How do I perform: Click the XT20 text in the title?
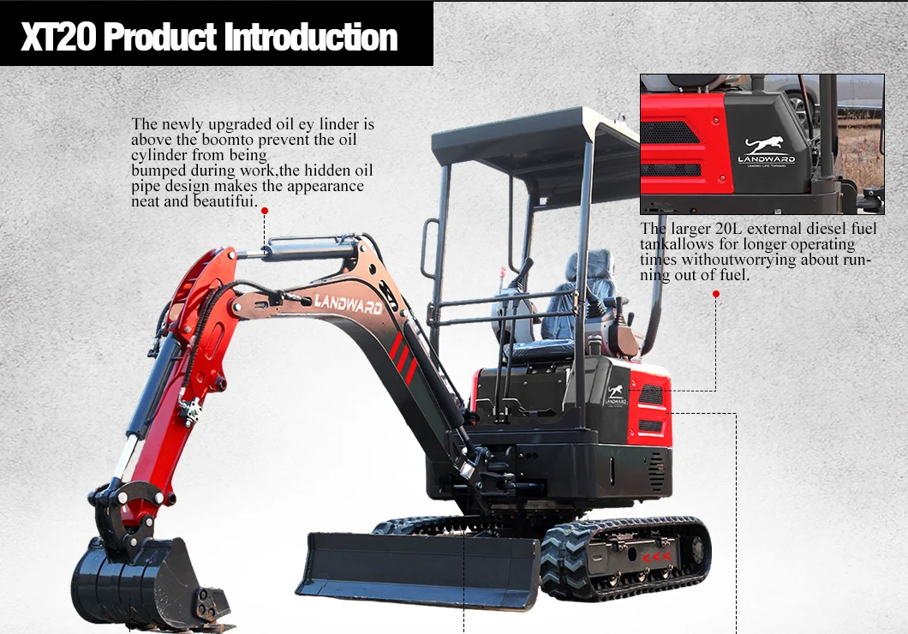click(58, 39)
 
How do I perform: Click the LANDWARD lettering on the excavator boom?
click(348, 302)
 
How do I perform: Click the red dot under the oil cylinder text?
click(265, 210)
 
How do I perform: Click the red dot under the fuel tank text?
click(716, 294)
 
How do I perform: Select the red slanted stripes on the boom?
click(403, 357)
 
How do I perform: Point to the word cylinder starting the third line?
click(159, 154)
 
